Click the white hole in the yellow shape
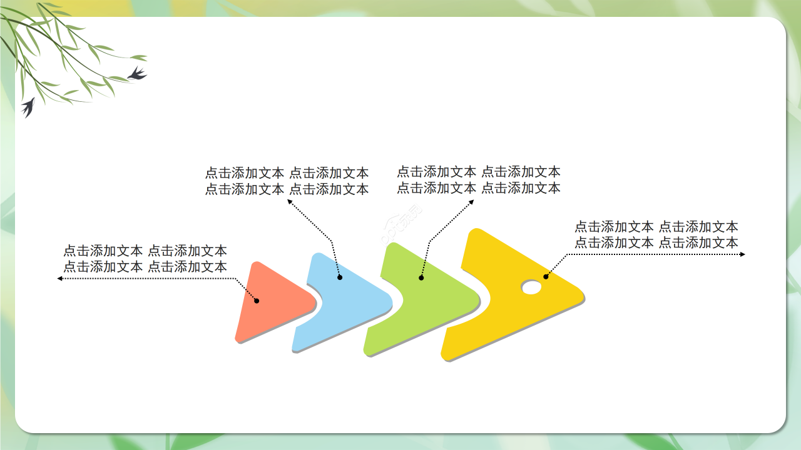click(531, 287)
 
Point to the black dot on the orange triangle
click(257, 301)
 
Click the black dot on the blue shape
click(340, 277)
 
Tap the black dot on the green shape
click(421, 277)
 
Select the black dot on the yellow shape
click(546, 276)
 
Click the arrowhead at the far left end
click(60, 278)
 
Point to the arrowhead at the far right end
click(742, 254)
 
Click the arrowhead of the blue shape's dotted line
click(290, 201)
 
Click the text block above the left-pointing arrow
click(145, 259)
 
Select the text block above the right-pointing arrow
click(656, 234)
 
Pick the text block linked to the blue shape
click(287, 181)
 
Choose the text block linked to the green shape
click(479, 179)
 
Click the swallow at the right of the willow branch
click(137, 74)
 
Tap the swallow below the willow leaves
click(28, 107)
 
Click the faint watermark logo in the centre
click(401, 224)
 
